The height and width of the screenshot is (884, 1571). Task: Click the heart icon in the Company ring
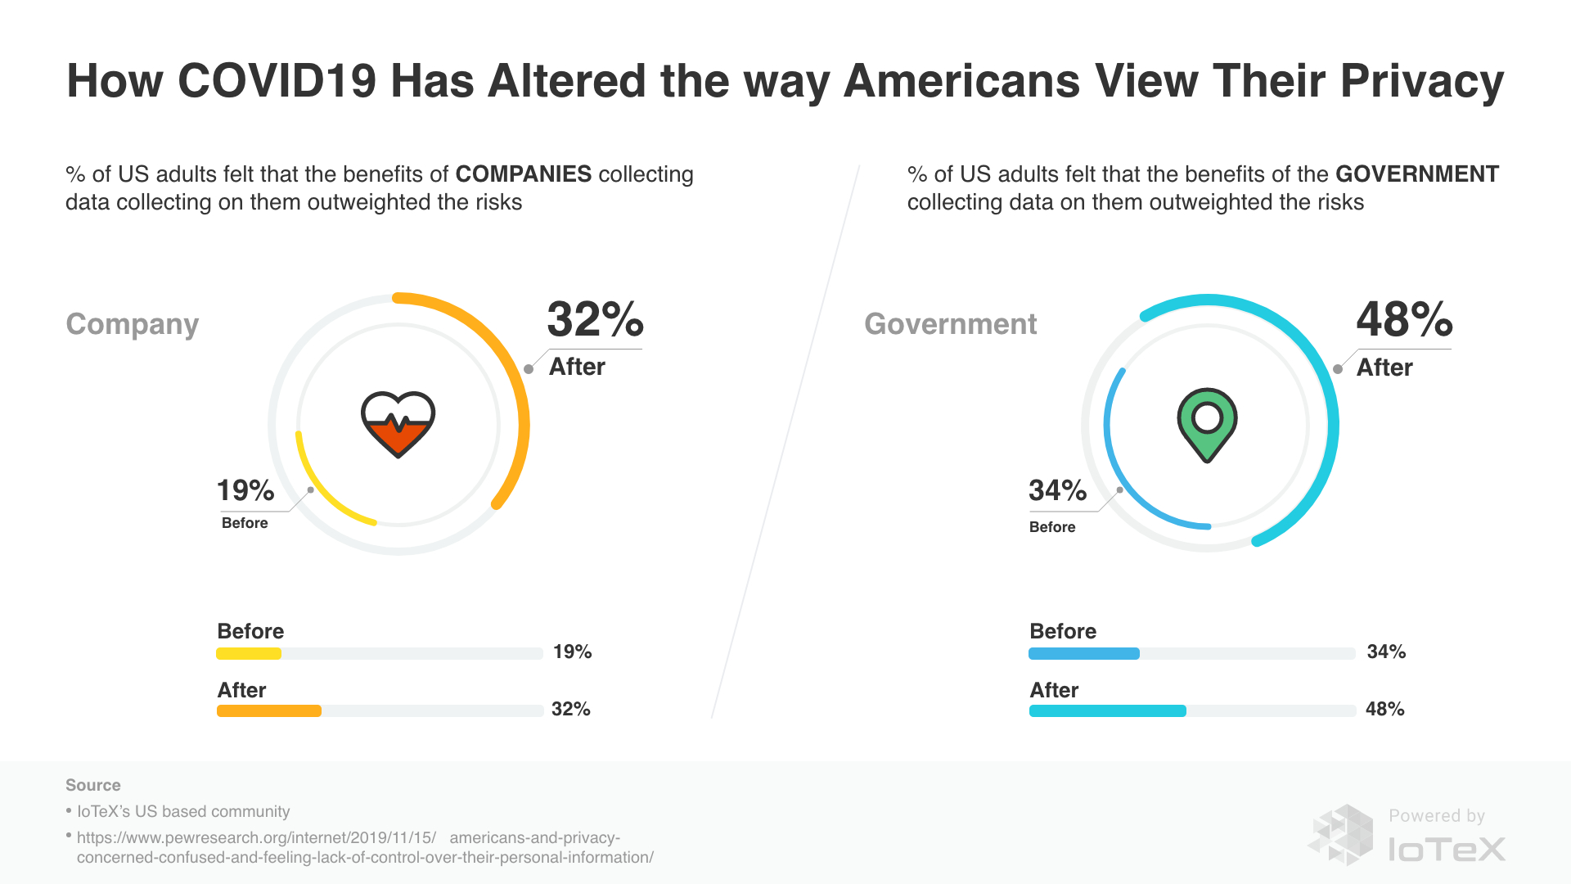[x=398, y=424]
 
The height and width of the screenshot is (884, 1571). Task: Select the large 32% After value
[x=595, y=319]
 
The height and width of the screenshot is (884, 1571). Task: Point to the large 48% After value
[x=1404, y=319]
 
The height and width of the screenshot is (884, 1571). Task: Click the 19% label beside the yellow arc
[x=245, y=490]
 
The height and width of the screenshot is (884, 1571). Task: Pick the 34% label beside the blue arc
[x=1057, y=490]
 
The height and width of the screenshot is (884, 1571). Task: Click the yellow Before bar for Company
[x=249, y=653]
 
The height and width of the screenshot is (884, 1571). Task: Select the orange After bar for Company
[x=269, y=710]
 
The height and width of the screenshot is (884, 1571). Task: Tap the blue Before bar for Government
[x=1083, y=653]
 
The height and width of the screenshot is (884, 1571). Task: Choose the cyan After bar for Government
[x=1107, y=710]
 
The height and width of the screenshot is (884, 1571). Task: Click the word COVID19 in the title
[x=277, y=81]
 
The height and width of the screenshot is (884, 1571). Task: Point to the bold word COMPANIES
[x=523, y=174]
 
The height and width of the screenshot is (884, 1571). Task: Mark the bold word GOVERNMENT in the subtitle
[x=1416, y=174]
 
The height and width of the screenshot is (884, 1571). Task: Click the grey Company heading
[x=132, y=324]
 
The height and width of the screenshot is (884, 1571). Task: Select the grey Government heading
[x=950, y=324]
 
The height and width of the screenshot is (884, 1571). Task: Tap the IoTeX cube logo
[x=1342, y=835]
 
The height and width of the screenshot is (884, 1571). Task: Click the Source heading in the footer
[x=92, y=785]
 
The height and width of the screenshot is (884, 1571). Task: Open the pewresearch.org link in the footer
[x=364, y=847]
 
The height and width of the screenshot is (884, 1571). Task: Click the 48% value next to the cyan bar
[x=1384, y=709]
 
